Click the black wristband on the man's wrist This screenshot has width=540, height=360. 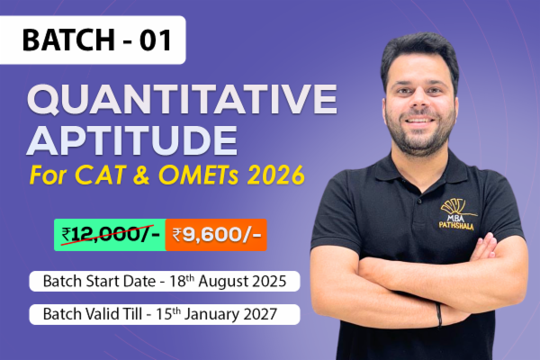point(439,314)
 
